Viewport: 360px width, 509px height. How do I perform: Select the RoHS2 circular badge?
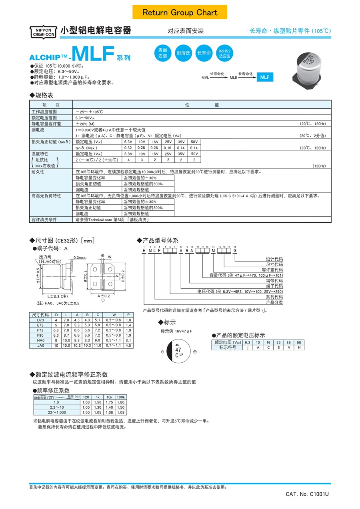coord(224,54)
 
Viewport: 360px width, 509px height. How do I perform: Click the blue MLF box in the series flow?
coord(265,78)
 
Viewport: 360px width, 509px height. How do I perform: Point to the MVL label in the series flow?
coord(205,78)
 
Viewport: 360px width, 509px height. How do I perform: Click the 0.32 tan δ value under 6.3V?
coord(128,148)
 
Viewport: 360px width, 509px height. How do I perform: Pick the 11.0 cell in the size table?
coord(97,345)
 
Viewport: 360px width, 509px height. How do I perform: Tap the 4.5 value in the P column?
coord(128,345)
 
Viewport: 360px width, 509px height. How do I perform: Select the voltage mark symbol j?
coord(248,347)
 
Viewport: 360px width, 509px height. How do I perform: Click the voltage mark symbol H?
coord(298,347)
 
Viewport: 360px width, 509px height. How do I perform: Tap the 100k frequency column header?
coord(121,397)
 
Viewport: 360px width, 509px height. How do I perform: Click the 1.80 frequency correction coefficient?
coord(121,402)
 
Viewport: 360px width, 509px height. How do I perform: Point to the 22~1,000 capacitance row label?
coord(56,412)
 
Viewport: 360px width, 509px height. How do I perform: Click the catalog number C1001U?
coord(307,495)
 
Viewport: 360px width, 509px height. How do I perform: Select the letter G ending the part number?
coord(235,250)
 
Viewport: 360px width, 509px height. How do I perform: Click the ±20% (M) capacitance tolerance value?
coord(86,124)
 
